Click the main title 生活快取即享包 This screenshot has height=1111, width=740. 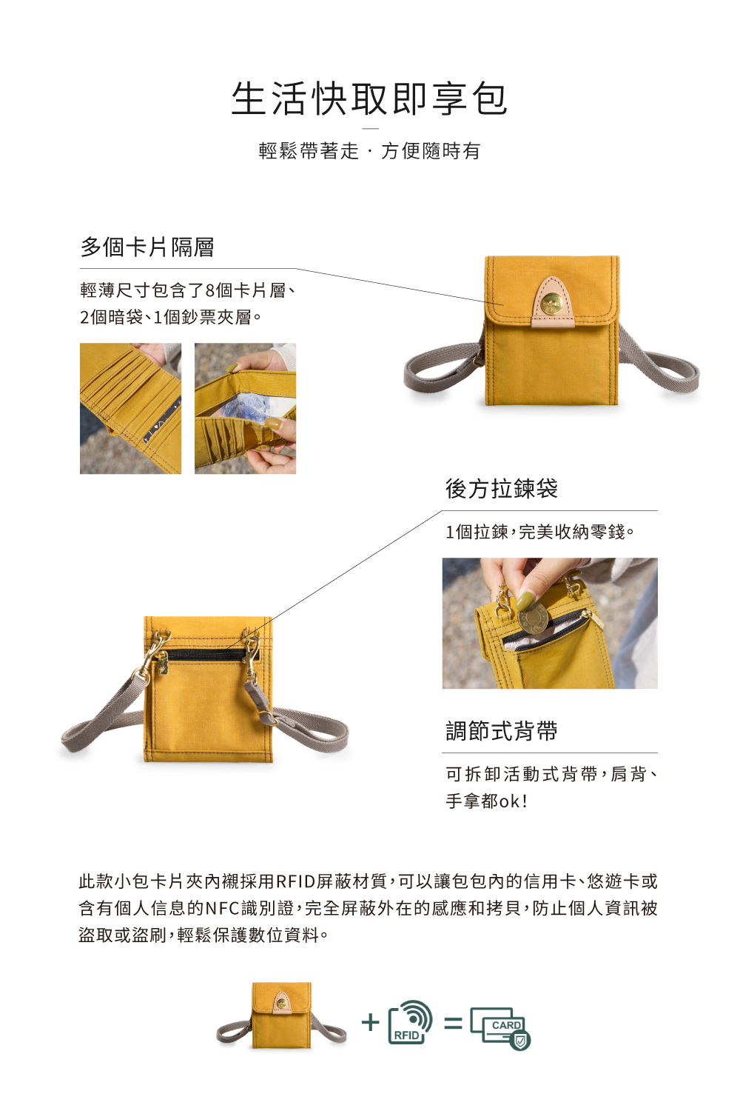pyautogui.click(x=369, y=99)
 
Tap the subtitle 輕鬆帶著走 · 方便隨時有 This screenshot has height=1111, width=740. pyautogui.click(x=369, y=151)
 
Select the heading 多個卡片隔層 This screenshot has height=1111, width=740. pyautogui.click(x=147, y=247)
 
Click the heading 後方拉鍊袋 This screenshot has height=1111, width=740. pyautogui.click(x=501, y=489)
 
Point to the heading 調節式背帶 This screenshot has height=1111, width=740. pyautogui.click(x=501, y=731)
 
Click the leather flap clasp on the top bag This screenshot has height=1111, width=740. pyautogui.click(x=552, y=302)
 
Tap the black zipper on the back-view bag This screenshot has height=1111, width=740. pyautogui.click(x=203, y=655)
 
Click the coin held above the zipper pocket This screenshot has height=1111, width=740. pyautogui.click(x=533, y=617)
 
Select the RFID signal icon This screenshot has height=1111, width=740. pyautogui.click(x=410, y=1022)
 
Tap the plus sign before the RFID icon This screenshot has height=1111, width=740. pyautogui.click(x=370, y=1023)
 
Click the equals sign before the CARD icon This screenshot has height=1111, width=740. pyautogui.click(x=453, y=1024)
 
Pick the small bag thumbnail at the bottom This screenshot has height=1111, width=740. pyautogui.click(x=281, y=1016)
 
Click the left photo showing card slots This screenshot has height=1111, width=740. pyautogui.click(x=130, y=408)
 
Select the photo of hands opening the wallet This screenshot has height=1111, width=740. pyautogui.click(x=245, y=408)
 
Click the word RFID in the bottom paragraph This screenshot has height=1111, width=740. pyautogui.click(x=295, y=881)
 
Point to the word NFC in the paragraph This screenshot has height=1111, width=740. pyautogui.click(x=222, y=908)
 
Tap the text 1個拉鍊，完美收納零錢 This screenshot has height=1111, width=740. pyautogui.click(x=539, y=532)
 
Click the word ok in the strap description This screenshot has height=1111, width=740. pyautogui.click(x=509, y=801)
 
